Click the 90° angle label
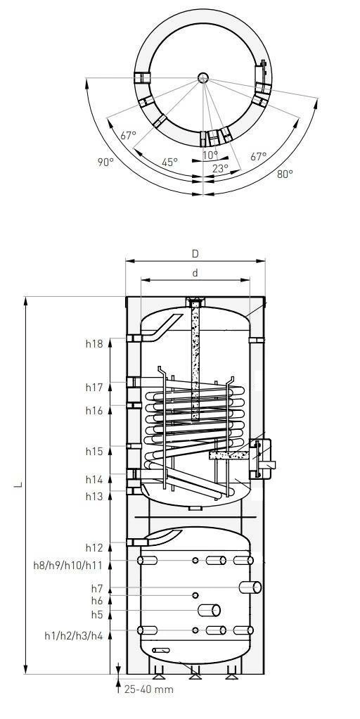[x=105, y=162]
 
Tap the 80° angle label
[x=285, y=174]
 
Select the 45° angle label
[x=169, y=162]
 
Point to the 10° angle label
[x=210, y=155]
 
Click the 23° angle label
[x=220, y=168]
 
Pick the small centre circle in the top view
[x=203, y=77]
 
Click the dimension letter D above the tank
[x=195, y=253]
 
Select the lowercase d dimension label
[x=195, y=273]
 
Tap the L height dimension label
[x=18, y=485]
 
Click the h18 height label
[x=94, y=344]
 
